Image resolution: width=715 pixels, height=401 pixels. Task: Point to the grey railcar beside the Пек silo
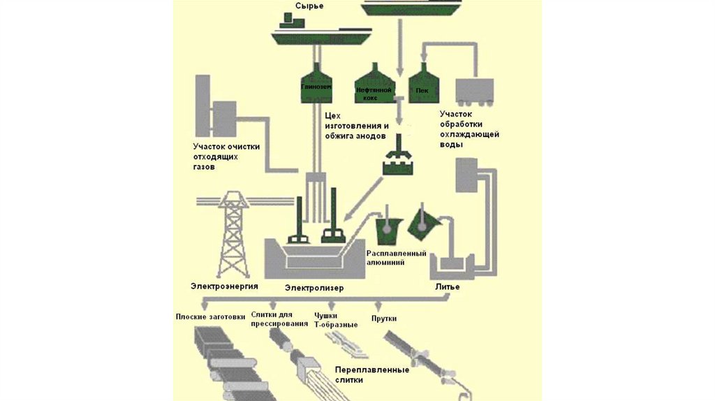pyautogui.click(x=475, y=92)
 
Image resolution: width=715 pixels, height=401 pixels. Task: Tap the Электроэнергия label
pyautogui.click(x=224, y=286)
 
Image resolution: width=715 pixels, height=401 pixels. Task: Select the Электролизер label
pyautogui.click(x=314, y=287)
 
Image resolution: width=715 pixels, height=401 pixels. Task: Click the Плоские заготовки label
pyautogui.click(x=210, y=316)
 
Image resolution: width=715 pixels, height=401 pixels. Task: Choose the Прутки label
pyautogui.click(x=384, y=319)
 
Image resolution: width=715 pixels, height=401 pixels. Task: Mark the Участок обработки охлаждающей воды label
pyautogui.click(x=469, y=129)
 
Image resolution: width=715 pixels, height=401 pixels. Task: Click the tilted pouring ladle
pyautogui.click(x=424, y=223)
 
